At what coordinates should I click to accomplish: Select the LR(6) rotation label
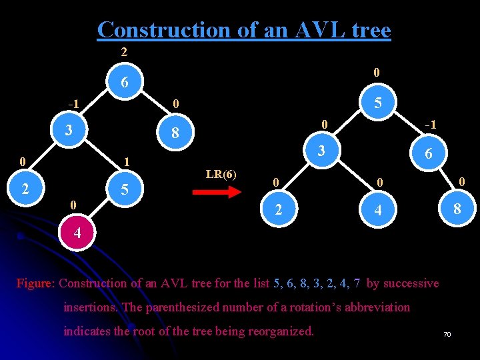coord(221,175)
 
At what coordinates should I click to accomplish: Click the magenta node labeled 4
coord(77,234)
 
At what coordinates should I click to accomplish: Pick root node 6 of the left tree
coord(125,83)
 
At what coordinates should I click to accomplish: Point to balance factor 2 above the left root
coord(124,52)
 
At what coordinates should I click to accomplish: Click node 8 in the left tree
coord(175,133)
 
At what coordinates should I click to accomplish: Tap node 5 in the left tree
coord(125,191)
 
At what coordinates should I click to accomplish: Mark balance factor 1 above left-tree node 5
coord(127,162)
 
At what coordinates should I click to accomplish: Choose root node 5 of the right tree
coord(377,103)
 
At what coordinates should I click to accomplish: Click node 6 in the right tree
coord(429,153)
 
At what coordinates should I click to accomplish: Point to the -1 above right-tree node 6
coord(431,125)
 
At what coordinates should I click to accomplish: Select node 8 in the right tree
coord(457,209)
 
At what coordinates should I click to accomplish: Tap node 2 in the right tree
coord(279,209)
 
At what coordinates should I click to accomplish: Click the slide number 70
coord(447,334)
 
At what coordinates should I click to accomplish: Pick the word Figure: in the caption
coord(36,283)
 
